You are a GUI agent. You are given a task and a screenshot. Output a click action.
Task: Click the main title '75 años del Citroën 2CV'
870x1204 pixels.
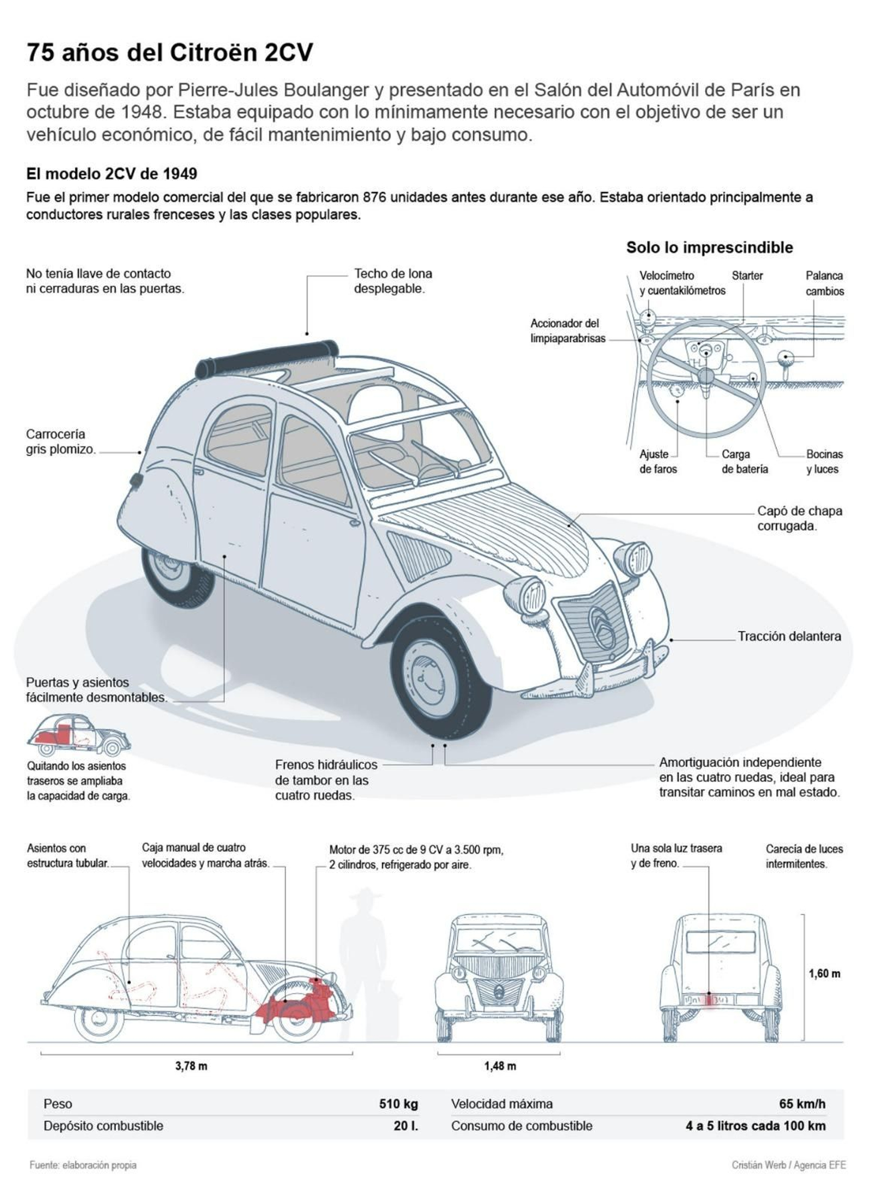(x=170, y=53)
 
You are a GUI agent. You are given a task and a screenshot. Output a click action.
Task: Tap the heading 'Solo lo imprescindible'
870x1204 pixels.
(x=709, y=248)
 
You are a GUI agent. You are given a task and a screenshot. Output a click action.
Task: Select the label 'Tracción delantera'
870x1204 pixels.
(x=788, y=636)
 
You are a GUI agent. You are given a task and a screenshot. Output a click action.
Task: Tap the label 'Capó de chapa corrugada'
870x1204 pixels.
(x=799, y=518)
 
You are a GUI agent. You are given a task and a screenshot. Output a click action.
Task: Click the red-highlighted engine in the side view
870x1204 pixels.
(x=298, y=1001)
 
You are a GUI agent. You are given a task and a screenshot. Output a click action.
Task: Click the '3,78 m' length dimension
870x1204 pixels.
(x=191, y=1066)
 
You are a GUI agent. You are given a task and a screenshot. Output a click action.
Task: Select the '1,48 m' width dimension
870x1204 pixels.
(x=500, y=1066)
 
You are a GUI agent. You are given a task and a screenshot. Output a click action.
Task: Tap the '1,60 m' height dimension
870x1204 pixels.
(x=824, y=973)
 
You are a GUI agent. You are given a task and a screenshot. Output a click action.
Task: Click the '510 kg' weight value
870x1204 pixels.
(x=398, y=1104)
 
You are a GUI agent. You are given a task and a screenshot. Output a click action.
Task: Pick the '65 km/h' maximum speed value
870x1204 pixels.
(x=801, y=1104)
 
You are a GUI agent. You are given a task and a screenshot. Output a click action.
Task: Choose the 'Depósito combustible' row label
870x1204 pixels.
(x=103, y=1126)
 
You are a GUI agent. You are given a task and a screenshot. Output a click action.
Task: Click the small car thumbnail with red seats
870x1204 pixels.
(x=79, y=735)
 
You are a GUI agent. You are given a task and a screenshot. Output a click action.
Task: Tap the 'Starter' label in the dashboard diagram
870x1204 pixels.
(x=747, y=275)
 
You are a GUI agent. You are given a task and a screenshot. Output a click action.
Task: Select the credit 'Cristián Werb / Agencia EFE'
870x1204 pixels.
(x=788, y=1165)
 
